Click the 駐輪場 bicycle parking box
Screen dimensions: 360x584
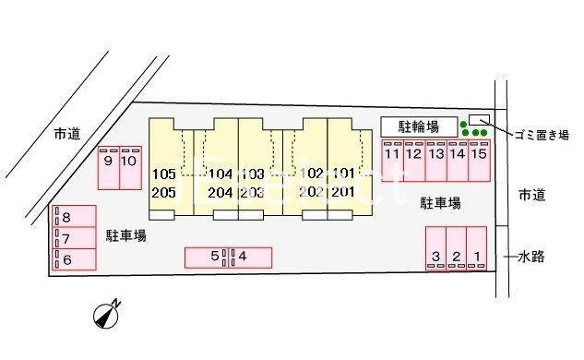[x=418, y=126]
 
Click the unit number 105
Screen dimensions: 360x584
[x=163, y=174]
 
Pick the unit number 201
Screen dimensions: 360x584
[x=343, y=191]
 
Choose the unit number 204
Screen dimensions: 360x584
[x=220, y=192]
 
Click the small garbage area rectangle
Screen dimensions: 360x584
[x=480, y=120]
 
